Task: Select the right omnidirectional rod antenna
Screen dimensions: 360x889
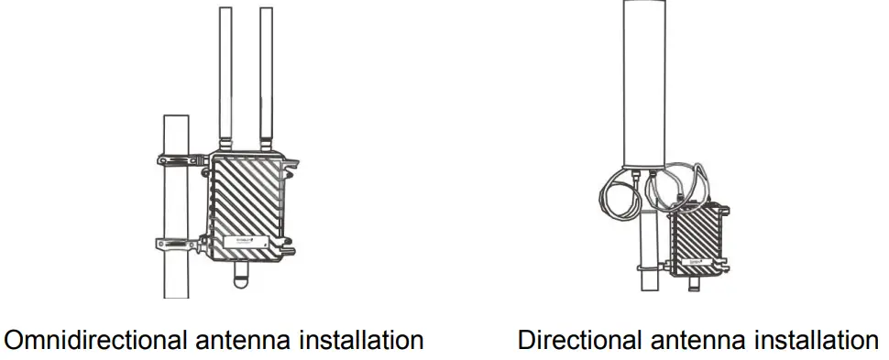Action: click(x=267, y=73)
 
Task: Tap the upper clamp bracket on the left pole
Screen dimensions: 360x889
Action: click(x=181, y=159)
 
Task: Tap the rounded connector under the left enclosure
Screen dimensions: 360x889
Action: click(x=242, y=274)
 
